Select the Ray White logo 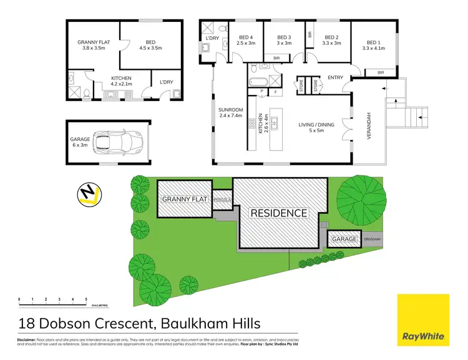pyautogui.click(x=424, y=319)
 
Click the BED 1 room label pyautogui.click(x=374, y=44)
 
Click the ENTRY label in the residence pyautogui.click(x=334, y=77)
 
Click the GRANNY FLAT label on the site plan pyautogui.click(x=185, y=199)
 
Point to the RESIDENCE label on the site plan pyautogui.click(x=279, y=213)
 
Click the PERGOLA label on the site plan pyautogui.click(x=222, y=200)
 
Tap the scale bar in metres pyautogui.click(x=52, y=303)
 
